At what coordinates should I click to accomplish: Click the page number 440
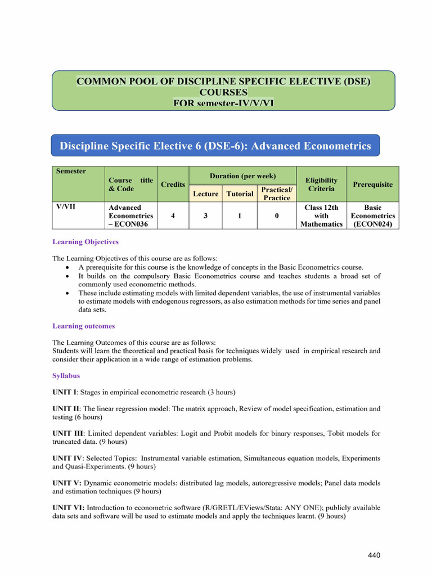coord(374,556)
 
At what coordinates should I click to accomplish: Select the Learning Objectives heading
coord(85,242)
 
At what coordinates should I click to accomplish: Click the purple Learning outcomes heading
coord(83,326)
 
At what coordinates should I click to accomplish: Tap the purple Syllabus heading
coord(66,375)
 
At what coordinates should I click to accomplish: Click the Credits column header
coord(173,184)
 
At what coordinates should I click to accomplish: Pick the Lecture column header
coord(205,193)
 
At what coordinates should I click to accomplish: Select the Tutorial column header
coord(240,193)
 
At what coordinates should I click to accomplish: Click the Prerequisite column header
coord(372,184)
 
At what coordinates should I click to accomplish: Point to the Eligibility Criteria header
coord(321,184)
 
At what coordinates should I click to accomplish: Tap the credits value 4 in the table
coord(173,215)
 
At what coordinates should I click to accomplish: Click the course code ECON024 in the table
coord(372,224)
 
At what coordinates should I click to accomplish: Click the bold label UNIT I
coord(65,392)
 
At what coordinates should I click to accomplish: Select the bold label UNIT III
coord(68,434)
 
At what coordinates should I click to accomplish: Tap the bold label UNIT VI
coord(68,508)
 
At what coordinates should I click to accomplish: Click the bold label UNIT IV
coord(67,458)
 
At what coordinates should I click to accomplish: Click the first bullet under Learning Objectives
coord(68,267)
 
